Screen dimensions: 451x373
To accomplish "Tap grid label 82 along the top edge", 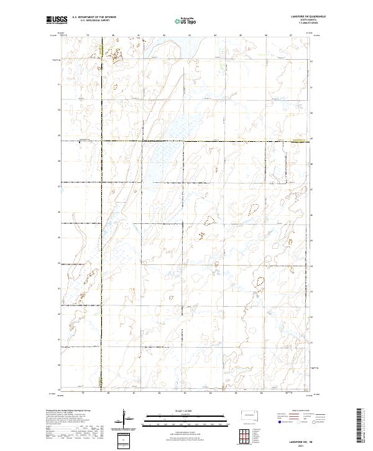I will [x=163, y=35].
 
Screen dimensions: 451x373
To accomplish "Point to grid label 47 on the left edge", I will [x=58, y=186].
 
